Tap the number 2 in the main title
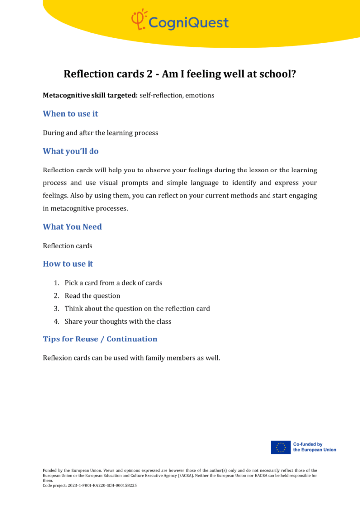[x=149, y=74]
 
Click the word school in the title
[x=277, y=74]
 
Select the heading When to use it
[x=71, y=114]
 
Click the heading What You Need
[x=72, y=227]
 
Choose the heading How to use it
[x=68, y=264]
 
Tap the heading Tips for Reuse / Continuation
[x=100, y=339]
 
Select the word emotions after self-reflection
[x=200, y=95]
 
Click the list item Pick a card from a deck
[x=113, y=283]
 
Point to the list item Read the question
[x=92, y=296]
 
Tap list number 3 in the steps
[x=57, y=309]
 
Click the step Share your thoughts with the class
[x=118, y=321]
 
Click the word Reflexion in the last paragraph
[x=58, y=358]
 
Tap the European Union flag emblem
[x=281, y=447]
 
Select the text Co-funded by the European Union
[x=314, y=447]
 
